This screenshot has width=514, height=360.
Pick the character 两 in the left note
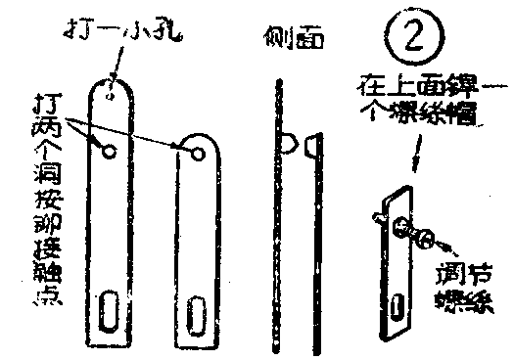(x=45, y=128)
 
